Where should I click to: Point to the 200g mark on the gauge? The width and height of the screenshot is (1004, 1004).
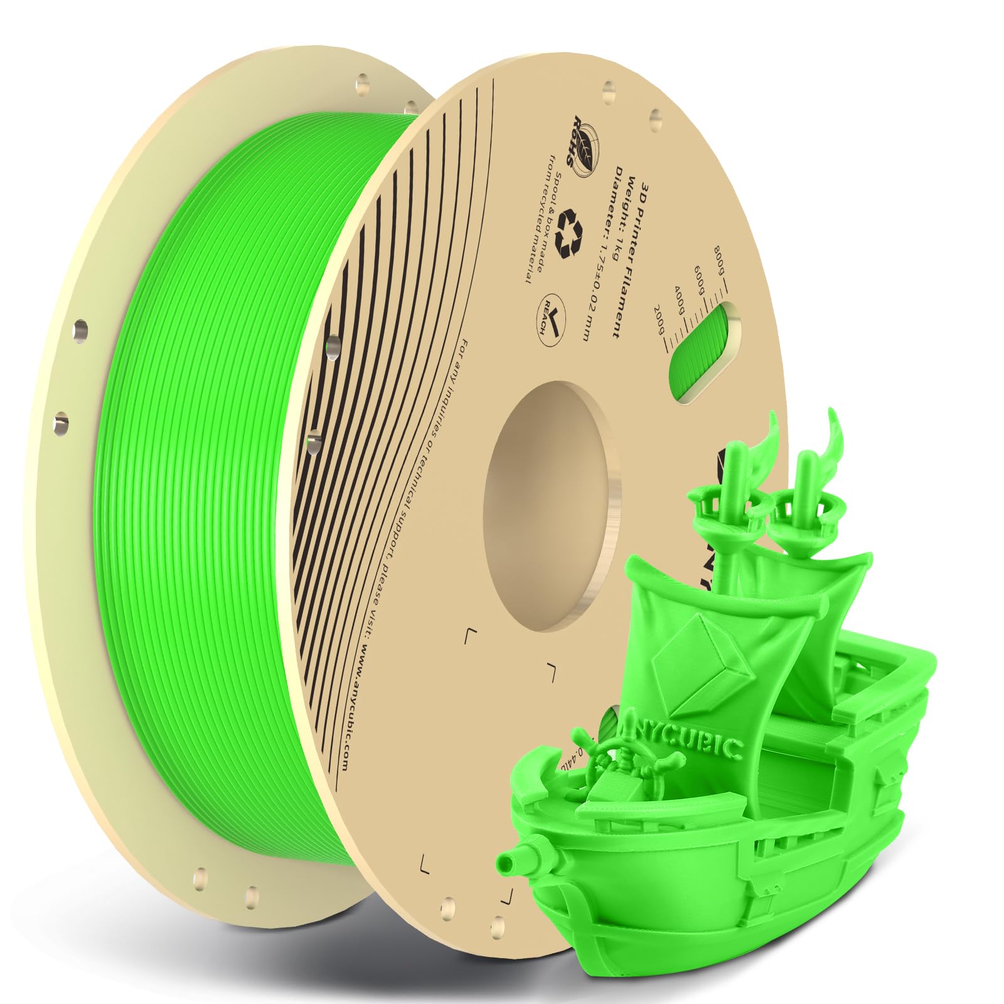659,326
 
